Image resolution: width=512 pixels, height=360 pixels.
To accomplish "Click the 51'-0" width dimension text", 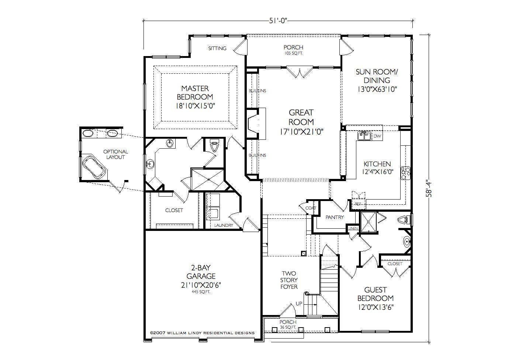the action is [x=277, y=21].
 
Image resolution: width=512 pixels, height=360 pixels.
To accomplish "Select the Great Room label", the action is [x=301, y=117].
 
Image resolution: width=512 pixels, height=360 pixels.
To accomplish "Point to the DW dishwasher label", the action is [x=377, y=136].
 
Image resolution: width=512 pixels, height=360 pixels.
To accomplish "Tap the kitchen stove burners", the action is [x=405, y=173].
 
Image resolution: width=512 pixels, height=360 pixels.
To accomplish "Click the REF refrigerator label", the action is [x=358, y=204].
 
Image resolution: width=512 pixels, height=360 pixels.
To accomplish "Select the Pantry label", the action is [x=335, y=217].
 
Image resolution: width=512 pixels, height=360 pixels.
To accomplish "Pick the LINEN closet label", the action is [x=353, y=228].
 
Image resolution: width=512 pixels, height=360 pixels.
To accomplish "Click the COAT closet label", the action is [x=311, y=208].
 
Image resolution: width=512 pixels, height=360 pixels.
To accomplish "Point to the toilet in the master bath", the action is [x=214, y=146].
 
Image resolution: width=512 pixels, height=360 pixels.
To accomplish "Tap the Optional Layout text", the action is [x=116, y=154].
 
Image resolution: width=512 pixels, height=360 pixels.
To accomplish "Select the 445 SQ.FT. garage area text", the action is [x=201, y=292].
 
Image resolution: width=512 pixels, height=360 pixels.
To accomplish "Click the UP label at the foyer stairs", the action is [x=299, y=304].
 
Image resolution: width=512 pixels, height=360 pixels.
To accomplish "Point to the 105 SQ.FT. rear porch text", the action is [x=294, y=53].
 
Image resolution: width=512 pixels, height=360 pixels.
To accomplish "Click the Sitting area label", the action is [x=217, y=48].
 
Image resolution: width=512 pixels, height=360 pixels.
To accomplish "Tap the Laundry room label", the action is [x=224, y=225].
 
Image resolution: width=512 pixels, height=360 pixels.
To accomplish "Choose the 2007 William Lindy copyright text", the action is [x=202, y=333].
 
